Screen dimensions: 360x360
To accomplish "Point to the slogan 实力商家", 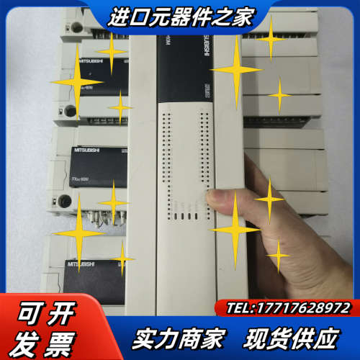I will point(178,337).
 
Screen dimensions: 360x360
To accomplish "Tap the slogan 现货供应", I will point(289,337).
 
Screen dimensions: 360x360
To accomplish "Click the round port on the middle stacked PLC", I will point(66,201).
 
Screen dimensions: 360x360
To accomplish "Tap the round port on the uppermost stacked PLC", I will point(70,110).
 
